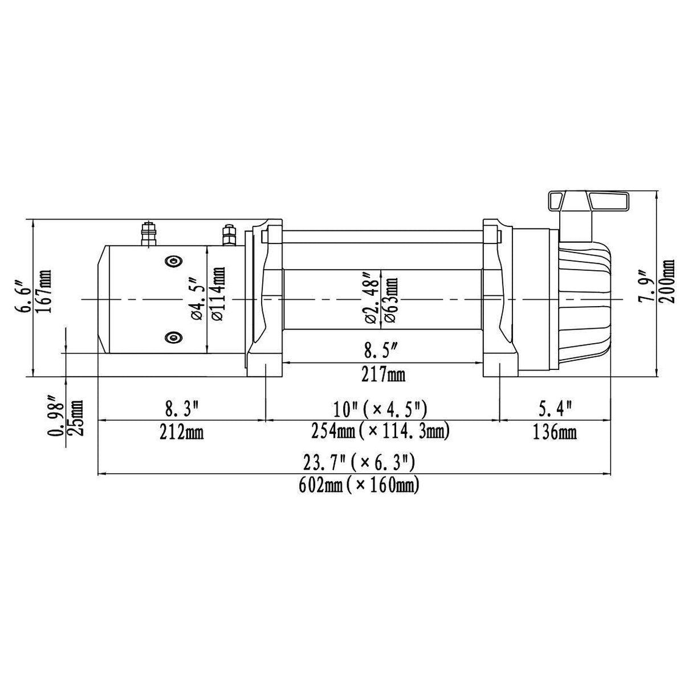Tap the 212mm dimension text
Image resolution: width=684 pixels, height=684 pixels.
[181, 432]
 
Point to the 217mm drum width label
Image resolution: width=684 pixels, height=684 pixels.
[384, 374]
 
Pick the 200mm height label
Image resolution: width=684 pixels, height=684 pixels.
[666, 281]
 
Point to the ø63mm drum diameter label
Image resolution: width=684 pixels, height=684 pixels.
[390, 299]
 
